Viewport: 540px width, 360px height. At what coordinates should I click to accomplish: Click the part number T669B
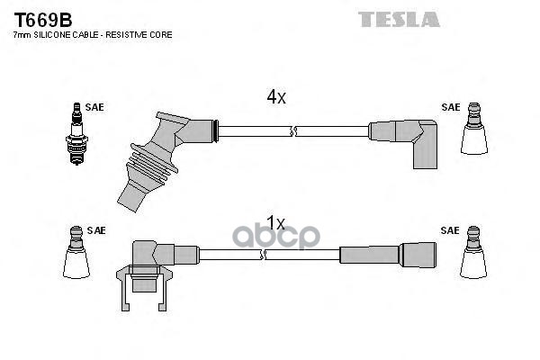point(42,20)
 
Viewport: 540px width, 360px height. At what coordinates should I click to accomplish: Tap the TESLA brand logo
point(399,19)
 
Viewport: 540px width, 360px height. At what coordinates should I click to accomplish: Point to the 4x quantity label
point(276,97)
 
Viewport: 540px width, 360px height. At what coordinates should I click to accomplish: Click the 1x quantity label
point(276,223)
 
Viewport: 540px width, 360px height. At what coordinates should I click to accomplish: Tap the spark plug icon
point(76,134)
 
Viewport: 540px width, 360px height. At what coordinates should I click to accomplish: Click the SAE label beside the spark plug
point(94,107)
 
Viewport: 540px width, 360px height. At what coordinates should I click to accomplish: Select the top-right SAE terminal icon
point(474,128)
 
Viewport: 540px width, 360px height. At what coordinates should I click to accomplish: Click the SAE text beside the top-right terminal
point(451,107)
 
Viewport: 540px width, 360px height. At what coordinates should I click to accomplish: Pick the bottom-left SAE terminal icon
point(76,252)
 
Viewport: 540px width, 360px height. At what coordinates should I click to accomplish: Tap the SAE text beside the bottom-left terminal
point(96,230)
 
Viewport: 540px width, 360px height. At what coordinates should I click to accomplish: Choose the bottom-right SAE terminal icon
point(473,252)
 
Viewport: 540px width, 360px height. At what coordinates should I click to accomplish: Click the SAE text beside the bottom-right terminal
point(450,230)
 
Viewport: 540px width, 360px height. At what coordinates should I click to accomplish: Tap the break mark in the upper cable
point(293,131)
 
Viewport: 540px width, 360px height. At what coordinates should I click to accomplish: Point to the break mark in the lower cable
point(263,255)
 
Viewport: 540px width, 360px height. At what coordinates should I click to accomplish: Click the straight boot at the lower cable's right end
point(388,255)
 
